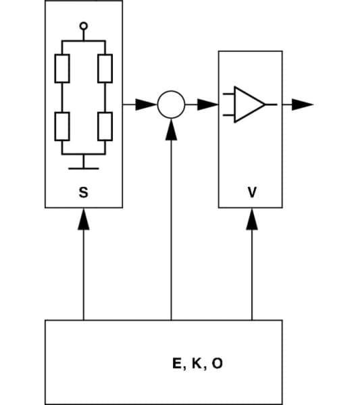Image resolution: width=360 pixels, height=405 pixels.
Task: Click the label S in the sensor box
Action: [x=83, y=192]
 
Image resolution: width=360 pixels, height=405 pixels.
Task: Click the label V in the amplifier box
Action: [x=252, y=192]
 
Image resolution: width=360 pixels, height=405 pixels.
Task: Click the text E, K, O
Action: [x=197, y=364]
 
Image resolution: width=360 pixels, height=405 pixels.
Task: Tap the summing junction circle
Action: [x=171, y=105]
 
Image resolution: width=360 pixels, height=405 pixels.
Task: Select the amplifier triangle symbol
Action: [x=249, y=105]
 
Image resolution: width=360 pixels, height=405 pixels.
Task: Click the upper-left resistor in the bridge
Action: [x=61, y=67]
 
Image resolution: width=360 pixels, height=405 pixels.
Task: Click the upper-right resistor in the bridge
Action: [x=105, y=67]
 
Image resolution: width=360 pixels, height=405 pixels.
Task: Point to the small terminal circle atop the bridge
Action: [x=83, y=26]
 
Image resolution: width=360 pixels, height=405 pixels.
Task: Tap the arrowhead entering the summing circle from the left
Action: [x=148, y=105]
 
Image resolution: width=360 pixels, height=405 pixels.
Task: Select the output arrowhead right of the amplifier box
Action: [x=303, y=105]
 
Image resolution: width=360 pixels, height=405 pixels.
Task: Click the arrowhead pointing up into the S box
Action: [x=83, y=218]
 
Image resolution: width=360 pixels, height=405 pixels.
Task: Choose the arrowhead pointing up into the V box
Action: [x=252, y=218]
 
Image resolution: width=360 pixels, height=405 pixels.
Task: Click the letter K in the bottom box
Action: [x=197, y=364]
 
